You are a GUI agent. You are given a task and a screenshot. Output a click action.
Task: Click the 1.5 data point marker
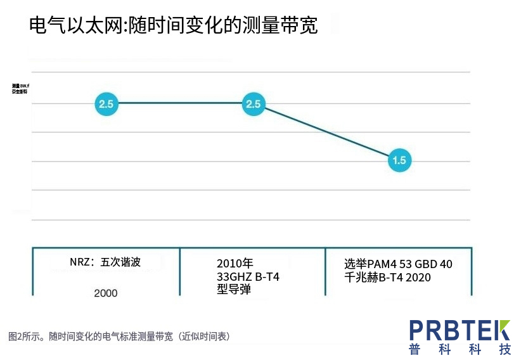pyautogui.click(x=399, y=160)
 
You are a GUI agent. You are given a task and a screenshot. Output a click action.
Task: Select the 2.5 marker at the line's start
pyautogui.click(x=106, y=104)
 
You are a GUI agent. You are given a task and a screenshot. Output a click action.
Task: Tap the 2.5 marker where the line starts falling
pyautogui.click(x=254, y=104)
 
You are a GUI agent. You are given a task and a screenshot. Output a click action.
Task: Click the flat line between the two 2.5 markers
pyautogui.click(x=180, y=103)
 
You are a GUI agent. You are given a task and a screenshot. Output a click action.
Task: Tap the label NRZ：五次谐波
pyautogui.click(x=105, y=262)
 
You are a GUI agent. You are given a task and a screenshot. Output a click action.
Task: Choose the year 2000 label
pyautogui.click(x=105, y=293)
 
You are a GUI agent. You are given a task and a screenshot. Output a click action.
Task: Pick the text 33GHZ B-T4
pyautogui.click(x=248, y=277)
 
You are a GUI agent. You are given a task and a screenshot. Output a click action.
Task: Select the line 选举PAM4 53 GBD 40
pyautogui.click(x=398, y=264)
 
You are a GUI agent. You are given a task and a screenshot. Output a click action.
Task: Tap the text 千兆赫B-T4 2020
pyautogui.click(x=387, y=278)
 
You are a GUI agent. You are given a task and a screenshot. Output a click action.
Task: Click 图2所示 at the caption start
pyautogui.click(x=25, y=336)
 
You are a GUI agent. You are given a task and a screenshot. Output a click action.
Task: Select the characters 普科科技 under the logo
pyautogui.click(x=460, y=349)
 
